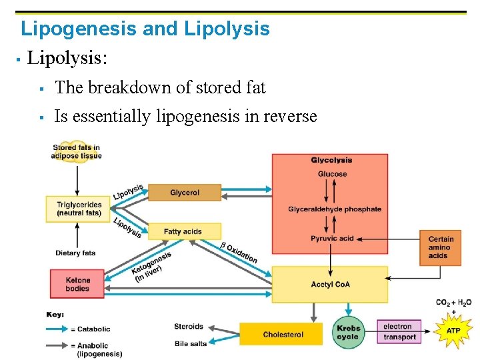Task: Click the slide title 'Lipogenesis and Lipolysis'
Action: click(x=145, y=29)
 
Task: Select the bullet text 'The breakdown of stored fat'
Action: click(x=160, y=87)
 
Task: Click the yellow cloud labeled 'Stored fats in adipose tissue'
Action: click(x=77, y=152)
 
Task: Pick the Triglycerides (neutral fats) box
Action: click(x=79, y=209)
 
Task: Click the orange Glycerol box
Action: click(x=184, y=193)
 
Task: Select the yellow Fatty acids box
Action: click(x=183, y=231)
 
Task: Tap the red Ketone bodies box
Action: click(x=77, y=284)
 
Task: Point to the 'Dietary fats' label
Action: click(x=75, y=253)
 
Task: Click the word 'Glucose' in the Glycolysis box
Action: click(x=331, y=174)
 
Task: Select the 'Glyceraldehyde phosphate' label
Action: click(x=335, y=209)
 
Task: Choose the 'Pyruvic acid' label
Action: click(x=332, y=239)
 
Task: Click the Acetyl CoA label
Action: click(x=330, y=285)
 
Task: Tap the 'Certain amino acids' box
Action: click(x=441, y=247)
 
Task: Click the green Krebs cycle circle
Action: click(x=348, y=332)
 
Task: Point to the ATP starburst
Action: click(x=453, y=331)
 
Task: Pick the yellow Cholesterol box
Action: click(x=283, y=335)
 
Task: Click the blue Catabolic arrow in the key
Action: click(x=61, y=329)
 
